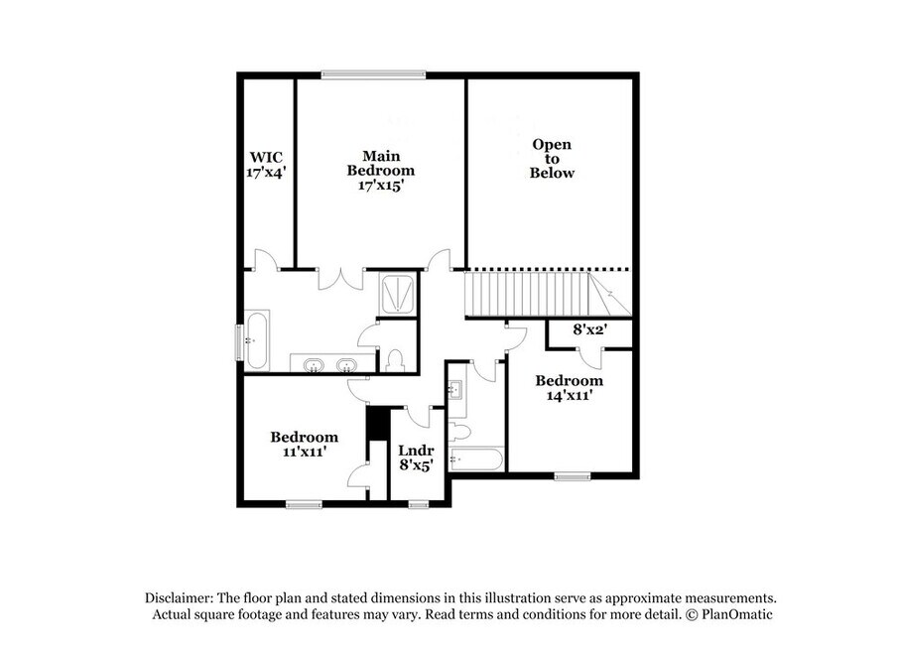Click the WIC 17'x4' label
266,165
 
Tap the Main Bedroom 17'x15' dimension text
381,186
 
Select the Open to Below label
552,159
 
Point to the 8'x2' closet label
589,329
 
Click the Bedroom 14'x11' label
569,388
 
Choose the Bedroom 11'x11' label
304,444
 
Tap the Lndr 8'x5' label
417,457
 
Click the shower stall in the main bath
398,295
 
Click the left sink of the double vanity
314,365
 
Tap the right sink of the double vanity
346,365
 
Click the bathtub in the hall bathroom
476,458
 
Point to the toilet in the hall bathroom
459,431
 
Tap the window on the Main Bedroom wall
373,73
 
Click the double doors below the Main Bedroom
340,278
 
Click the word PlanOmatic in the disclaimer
737,614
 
